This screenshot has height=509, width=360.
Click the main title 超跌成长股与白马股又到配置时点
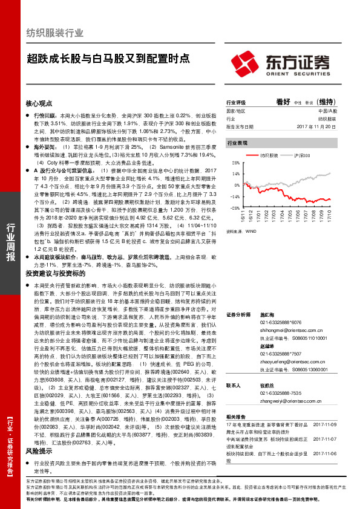coord(108,59)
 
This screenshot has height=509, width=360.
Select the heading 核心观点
coord(41,103)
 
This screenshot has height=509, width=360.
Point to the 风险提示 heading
coord(41,451)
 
